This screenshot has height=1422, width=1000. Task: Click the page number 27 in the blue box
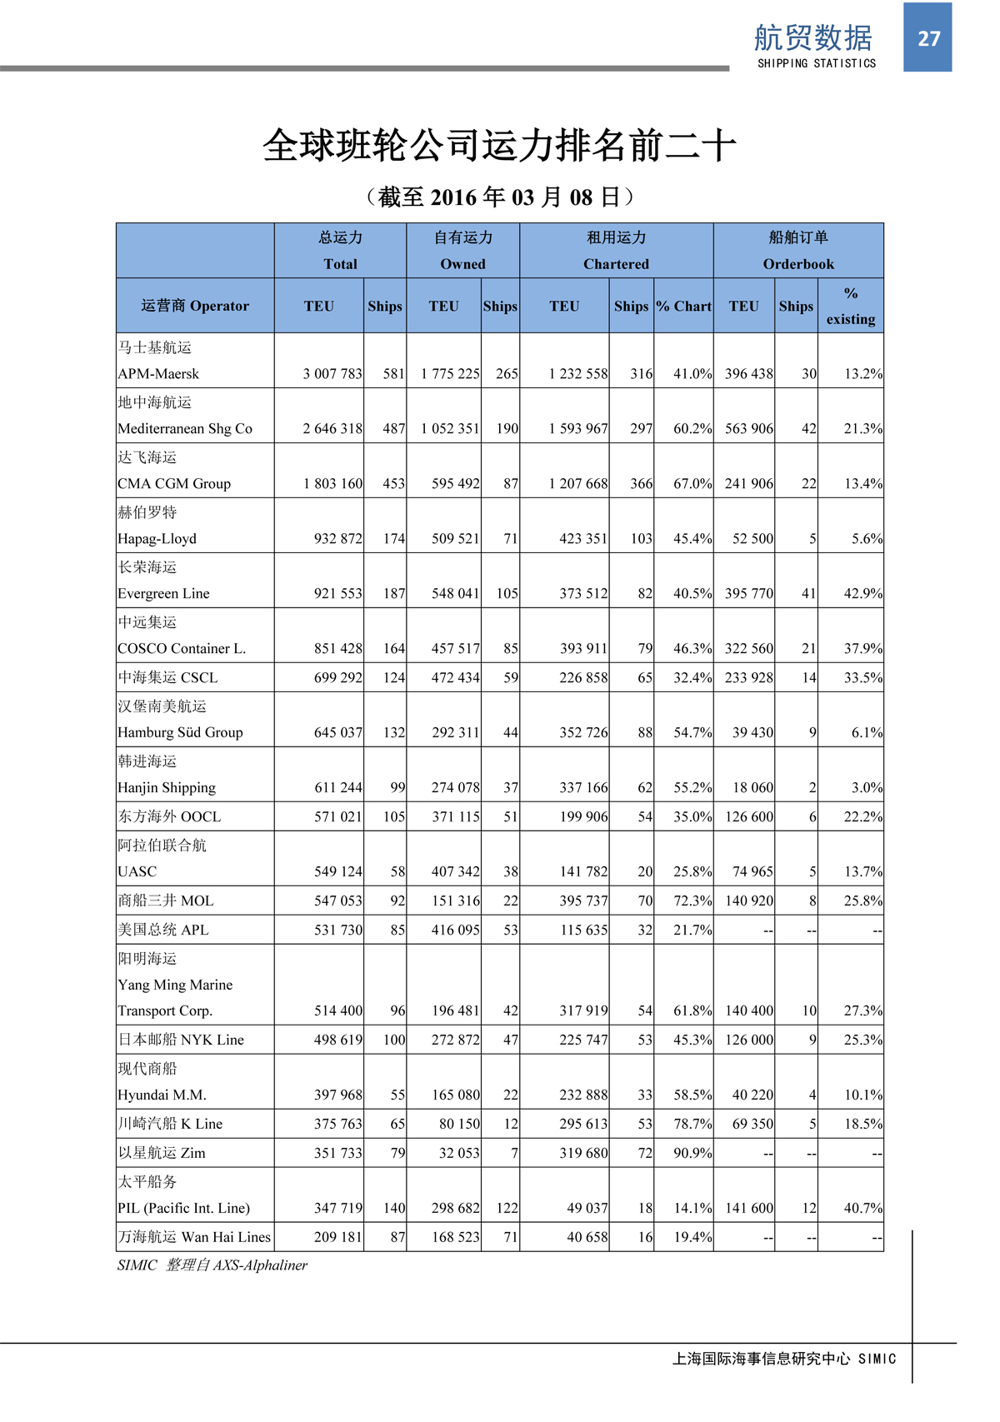(x=928, y=38)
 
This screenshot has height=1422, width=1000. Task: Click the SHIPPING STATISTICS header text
(x=817, y=63)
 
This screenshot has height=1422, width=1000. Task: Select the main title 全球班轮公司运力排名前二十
(x=499, y=146)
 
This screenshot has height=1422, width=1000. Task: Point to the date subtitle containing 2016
(x=500, y=197)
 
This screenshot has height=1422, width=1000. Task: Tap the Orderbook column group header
(x=798, y=263)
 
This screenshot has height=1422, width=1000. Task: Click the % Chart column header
(x=683, y=306)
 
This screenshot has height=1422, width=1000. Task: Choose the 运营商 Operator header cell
(x=195, y=306)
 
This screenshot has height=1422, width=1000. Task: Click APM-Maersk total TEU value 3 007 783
(x=332, y=374)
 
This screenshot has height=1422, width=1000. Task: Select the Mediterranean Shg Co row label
(x=185, y=428)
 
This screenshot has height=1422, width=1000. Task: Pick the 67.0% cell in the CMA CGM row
(x=692, y=483)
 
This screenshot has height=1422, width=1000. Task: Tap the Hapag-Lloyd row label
(x=157, y=538)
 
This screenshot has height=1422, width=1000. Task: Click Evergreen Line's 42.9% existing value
(x=862, y=593)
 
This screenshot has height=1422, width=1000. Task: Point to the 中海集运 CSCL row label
(x=167, y=677)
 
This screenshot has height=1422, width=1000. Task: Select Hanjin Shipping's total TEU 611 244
(x=337, y=787)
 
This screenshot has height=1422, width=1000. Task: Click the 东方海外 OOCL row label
(x=170, y=816)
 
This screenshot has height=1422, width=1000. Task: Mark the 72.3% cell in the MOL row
(x=692, y=901)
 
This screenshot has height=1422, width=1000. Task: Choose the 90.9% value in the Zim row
(x=692, y=1153)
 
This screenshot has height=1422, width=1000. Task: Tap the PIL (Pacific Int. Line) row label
(x=183, y=1208)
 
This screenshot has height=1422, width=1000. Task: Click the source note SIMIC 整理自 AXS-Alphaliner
(x=212, y=1265)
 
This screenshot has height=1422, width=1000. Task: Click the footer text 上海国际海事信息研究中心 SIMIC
(x=784, y=1359)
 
